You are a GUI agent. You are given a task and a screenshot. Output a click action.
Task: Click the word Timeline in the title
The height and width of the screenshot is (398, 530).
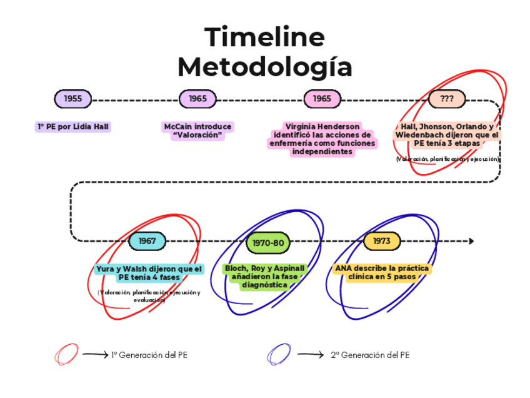pos(265,38)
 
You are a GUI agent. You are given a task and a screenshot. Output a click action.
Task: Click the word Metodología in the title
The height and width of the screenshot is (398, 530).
pos(265,66)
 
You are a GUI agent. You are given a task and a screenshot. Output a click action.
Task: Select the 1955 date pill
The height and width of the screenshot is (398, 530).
pos(72,98)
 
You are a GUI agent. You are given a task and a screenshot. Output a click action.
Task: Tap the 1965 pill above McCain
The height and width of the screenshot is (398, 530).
pos(197,98)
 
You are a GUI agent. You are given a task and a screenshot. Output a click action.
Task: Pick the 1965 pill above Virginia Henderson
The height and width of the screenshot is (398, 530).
pos(322,98)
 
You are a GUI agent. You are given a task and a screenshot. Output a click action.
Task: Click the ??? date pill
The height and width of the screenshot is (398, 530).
pos(447,98)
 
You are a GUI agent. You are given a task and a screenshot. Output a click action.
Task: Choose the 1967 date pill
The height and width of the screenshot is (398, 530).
pos(147,241)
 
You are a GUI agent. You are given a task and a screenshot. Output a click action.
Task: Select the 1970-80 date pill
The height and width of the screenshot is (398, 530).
pos(268,242)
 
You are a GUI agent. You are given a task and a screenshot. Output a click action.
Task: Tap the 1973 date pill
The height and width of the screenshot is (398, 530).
pos(381,241)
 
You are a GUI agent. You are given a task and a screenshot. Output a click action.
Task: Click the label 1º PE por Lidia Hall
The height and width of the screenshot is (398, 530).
pos(73,126)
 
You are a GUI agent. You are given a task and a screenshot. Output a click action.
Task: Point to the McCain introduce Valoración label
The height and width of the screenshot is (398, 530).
pos(197,131)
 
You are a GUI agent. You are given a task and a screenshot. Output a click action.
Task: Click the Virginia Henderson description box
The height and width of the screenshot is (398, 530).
pos(322,139)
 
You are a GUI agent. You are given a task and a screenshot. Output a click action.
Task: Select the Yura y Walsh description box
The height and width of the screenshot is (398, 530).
pos(149,273)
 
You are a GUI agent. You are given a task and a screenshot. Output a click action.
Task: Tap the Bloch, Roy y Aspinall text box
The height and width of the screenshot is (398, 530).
pos(265,277)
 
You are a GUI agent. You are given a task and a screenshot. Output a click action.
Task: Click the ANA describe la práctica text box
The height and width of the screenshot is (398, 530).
pos(382,272)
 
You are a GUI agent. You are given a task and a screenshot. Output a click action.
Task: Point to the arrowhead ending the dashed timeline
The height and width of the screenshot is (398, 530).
pos(471,241)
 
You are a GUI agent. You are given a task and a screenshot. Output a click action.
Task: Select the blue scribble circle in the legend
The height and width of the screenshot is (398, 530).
pos(278,355)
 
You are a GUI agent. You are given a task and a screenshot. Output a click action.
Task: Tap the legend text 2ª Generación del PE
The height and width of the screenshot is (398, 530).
pos(370,355)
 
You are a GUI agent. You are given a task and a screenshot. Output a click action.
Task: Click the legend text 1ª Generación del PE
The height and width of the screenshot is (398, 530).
pos(149,355)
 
